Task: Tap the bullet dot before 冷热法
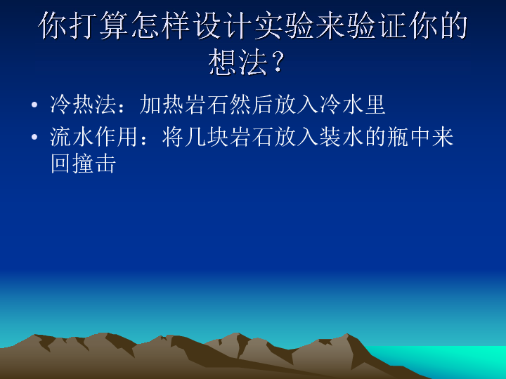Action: tap(34, 105)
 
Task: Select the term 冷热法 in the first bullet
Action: tap(83, 105)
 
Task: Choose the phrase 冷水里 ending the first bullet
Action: tap(352, 105)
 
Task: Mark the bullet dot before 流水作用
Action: tap(34, 137)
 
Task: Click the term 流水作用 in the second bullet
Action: tap(94, 137)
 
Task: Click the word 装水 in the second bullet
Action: tap(342, 137)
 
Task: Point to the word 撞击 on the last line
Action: tap(94, 164)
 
